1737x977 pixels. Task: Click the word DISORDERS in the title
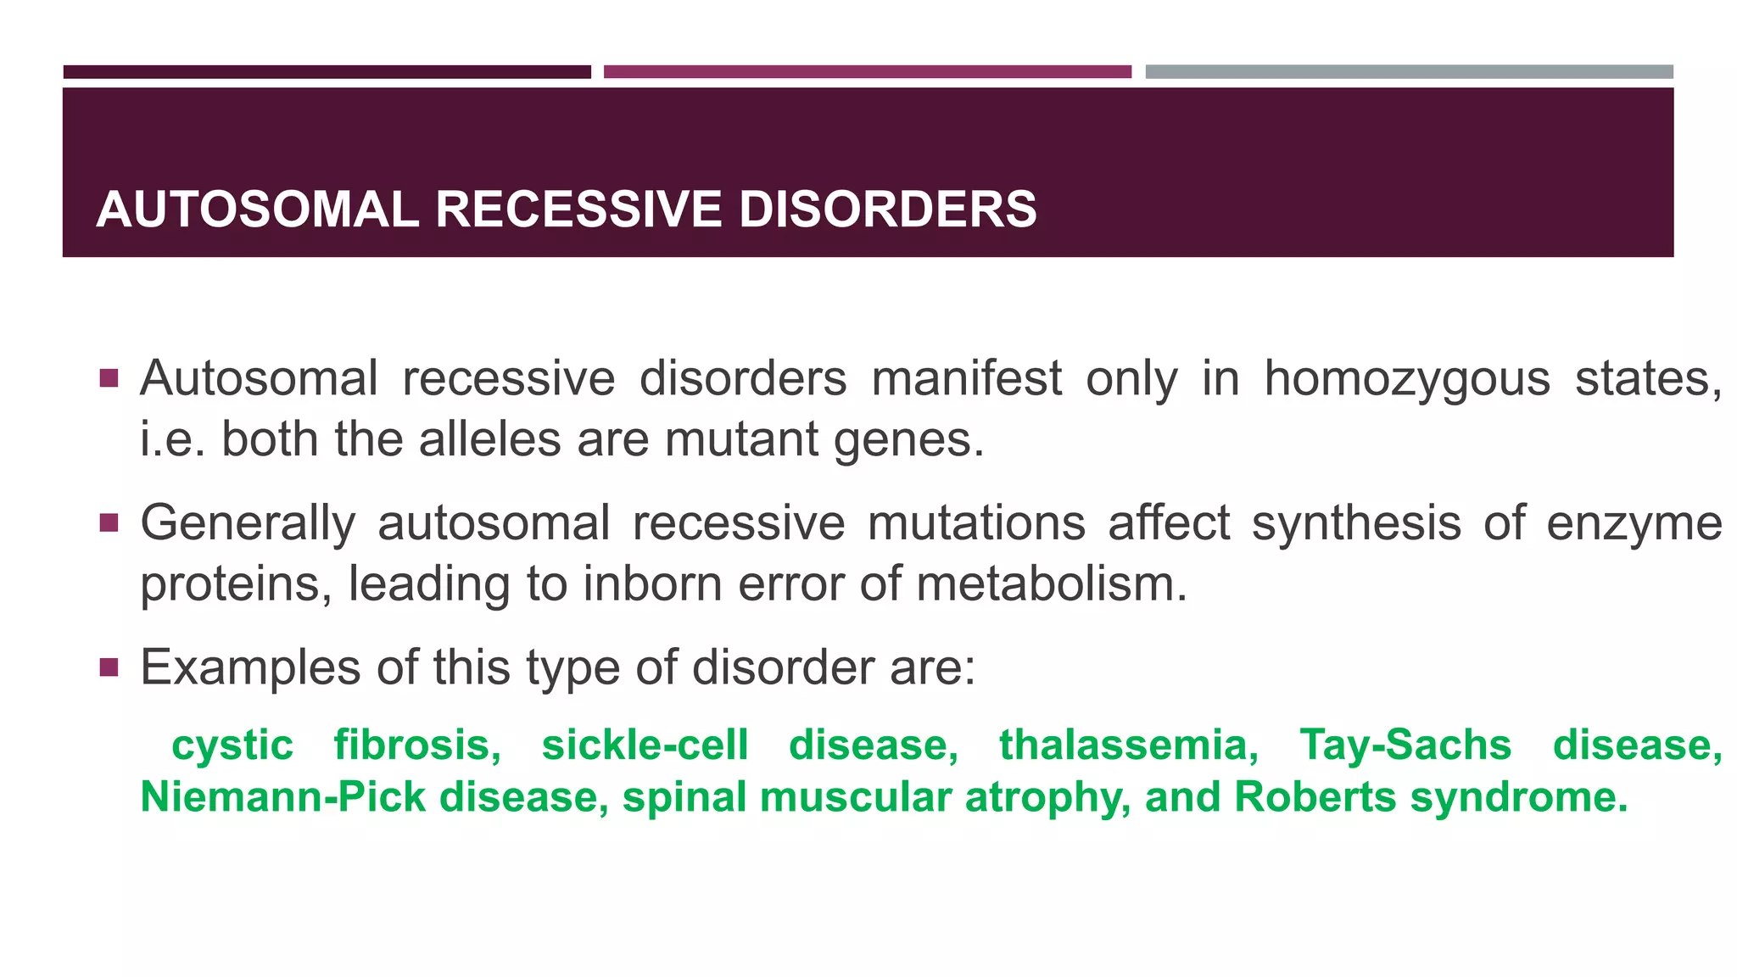tap(887, 209)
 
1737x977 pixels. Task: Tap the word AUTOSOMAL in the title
tap(258, 209)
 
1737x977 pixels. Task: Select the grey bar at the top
tap(1409, 72)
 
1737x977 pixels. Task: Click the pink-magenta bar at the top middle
tap(867, 72)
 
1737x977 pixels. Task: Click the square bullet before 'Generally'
tap(109, 522)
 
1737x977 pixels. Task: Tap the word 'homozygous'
tap(1407, 379)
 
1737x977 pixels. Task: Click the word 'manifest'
tap(967, 378)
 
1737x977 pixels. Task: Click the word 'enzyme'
tap(1634, 524)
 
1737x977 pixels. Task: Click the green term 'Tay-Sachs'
tap(1405, 745)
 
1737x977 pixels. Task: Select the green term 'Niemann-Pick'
tap(282, 797)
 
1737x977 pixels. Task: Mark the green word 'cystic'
tap(232, 746)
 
